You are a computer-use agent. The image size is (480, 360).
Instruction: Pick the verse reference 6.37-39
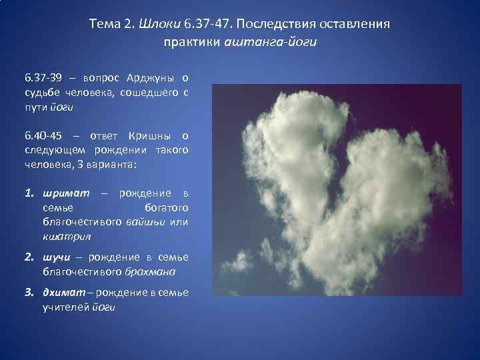click(44, 80)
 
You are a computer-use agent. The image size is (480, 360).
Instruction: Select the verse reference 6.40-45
click(44, 136)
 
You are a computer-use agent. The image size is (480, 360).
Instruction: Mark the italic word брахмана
click(150, 271)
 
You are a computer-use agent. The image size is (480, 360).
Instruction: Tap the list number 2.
click(29, 257)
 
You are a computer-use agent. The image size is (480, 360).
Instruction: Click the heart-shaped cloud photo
click(336, 190)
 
